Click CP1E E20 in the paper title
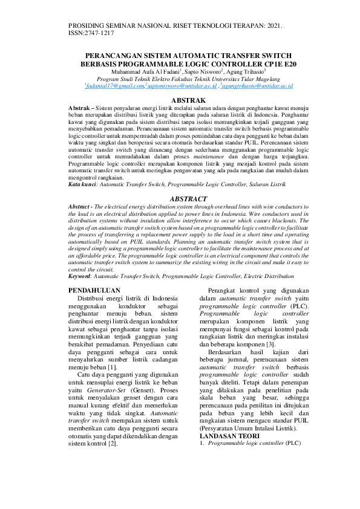(279, 63)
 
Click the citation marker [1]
(112, 367)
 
